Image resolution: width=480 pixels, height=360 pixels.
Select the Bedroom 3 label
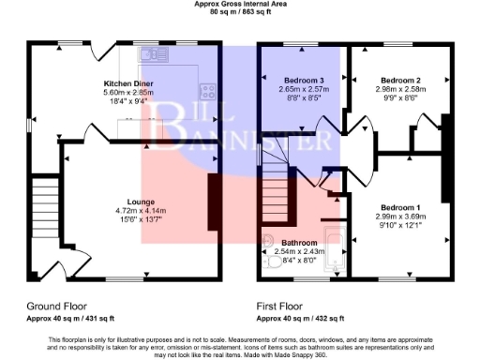(x=304, y=82)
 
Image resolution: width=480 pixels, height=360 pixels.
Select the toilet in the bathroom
(x=268, y=240)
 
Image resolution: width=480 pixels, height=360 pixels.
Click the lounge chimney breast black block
(x=215, y=195)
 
